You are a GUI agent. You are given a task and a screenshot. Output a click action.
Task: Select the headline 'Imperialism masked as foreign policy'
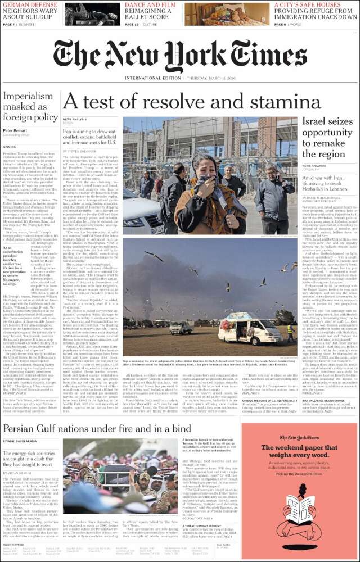pyautogui.click(x=30, y=107)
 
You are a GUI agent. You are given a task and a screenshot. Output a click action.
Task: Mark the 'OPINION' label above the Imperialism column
pyautogui.click(x=11, y=145)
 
